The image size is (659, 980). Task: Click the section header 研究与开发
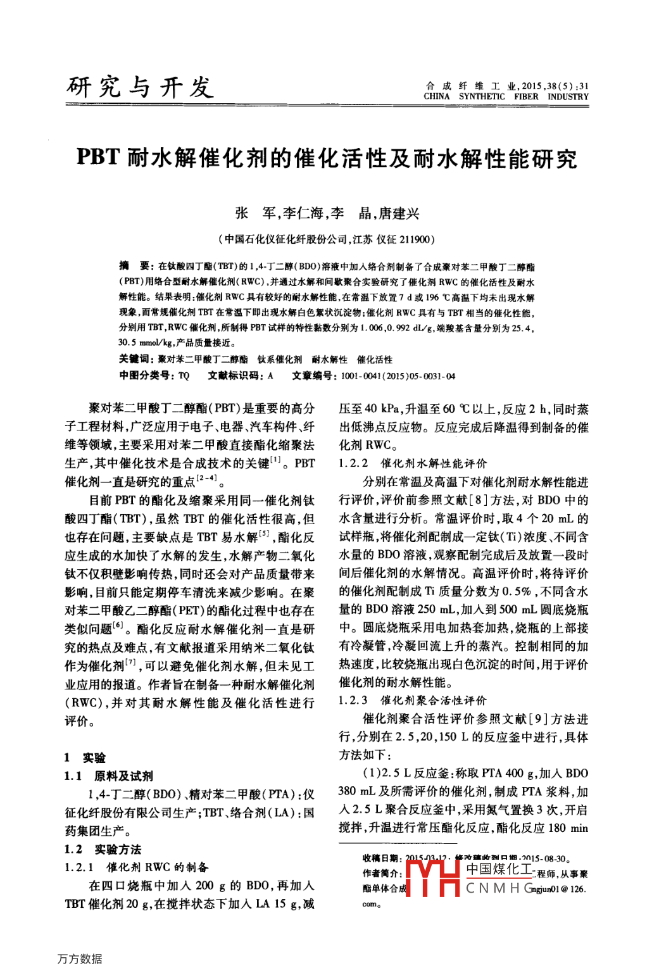[140, 87]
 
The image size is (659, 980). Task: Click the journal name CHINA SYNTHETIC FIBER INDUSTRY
[506, 97]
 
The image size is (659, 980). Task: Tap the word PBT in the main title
[98, 157]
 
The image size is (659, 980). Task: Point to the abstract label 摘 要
[135, 267]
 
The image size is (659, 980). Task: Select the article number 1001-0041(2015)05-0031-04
[398, 375]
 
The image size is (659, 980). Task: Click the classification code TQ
[184, 375]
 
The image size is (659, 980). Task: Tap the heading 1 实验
[85, 757]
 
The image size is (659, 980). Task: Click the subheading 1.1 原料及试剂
[108, 776]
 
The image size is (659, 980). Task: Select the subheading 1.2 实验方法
[103, 849]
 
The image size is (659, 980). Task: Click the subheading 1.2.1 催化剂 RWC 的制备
[136, 867]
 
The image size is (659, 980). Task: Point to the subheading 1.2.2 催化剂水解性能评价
[413, 463]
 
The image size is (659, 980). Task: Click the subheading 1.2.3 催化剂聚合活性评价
[413, 700]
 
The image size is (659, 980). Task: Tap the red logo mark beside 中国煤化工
[432, 877]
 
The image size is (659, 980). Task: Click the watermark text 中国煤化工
[499, 869]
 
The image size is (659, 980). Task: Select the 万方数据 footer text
[80, 958]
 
